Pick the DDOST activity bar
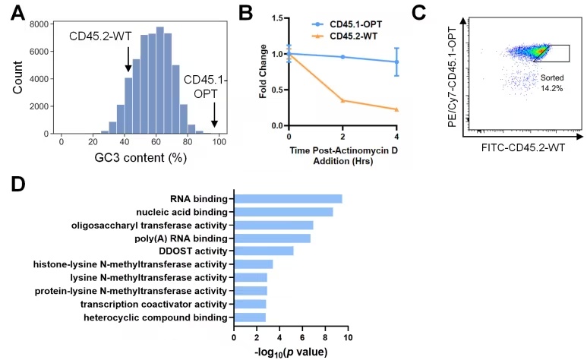263,251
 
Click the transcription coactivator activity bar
249,304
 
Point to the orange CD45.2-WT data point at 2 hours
342,100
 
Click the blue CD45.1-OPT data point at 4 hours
396,62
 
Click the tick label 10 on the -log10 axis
349,336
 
